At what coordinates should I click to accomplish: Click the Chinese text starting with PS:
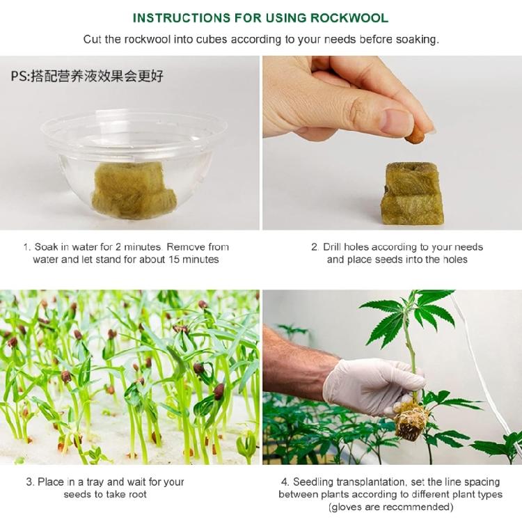click(87, 75)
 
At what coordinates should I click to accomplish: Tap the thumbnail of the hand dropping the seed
click(391, 143)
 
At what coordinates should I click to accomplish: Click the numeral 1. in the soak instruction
click(27, 247)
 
